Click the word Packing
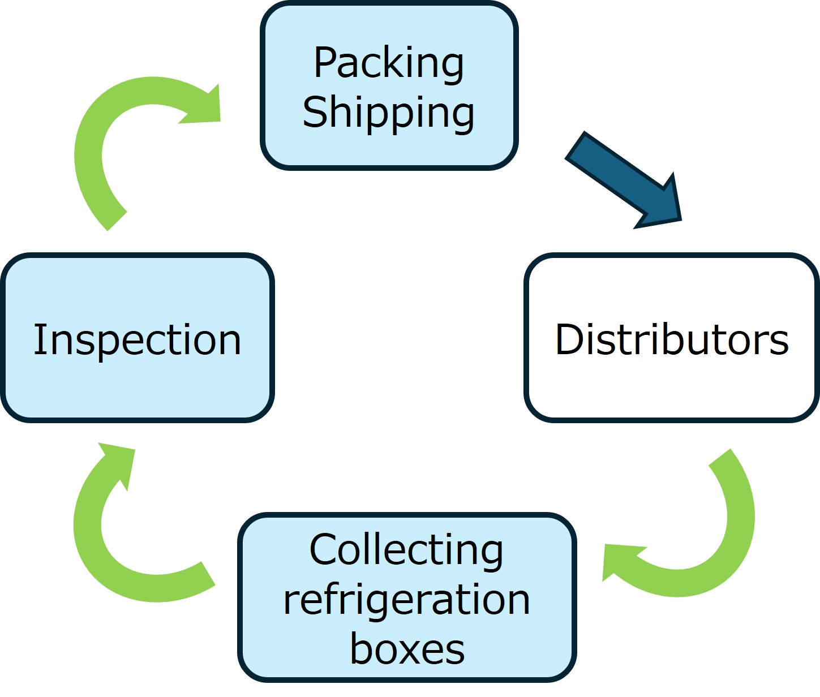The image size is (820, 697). (389, 63)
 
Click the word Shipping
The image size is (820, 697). (389, 113)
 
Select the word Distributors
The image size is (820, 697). (672, 339)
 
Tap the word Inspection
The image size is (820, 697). (138, 339)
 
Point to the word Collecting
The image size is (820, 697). (406, 550)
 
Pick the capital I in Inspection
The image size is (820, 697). (38, 339)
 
